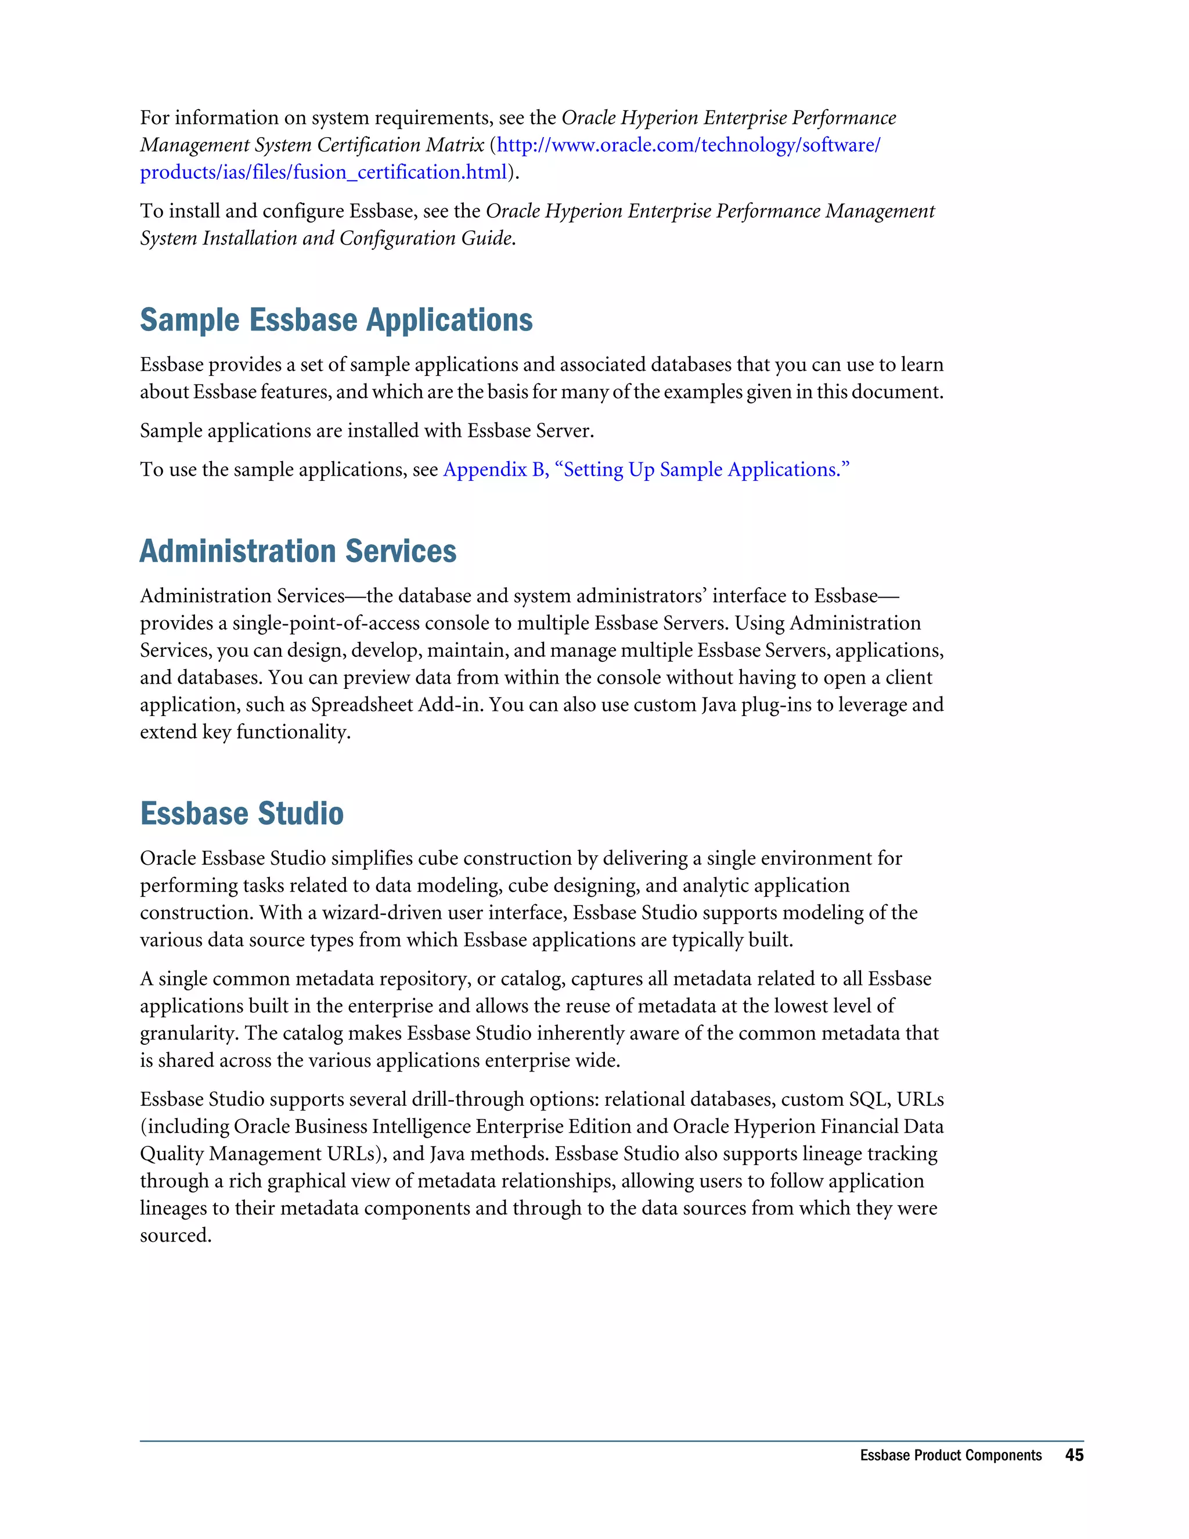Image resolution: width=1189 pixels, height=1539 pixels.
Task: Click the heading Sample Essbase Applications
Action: [x=336, y=320]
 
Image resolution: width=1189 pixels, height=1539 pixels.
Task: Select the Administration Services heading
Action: [x=298, y=551]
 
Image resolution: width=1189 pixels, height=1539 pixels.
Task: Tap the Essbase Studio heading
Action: [x=242, y=813]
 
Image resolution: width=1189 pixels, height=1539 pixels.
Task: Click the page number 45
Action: [x=1073, y=1454]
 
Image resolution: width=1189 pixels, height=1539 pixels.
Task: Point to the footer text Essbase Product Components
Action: [x=950, y=1455]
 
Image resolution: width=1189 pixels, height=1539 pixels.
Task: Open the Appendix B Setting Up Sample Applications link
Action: [x=646, y=469]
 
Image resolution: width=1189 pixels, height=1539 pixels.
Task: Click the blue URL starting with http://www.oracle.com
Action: [x=688, y=145]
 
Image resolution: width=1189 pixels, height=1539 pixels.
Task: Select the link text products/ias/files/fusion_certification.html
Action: [x=323, y=172]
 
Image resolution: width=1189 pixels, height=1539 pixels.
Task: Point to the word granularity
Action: [x=189, y=1033]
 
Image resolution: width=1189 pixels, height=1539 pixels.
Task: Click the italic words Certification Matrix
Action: [x=400, y=145]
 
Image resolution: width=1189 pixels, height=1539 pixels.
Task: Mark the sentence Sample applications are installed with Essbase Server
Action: [x=366, y=430]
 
